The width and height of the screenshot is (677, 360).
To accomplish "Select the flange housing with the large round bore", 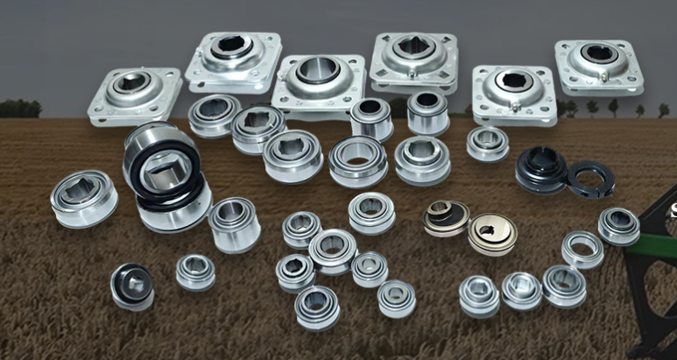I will click(x=316, y=82).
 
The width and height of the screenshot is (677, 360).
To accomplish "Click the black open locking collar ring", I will click(x=589, y=180).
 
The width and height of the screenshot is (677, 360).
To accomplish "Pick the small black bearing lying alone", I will click(x=132, y=286).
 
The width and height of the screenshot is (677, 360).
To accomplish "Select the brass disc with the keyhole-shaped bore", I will click(x=491, y=234).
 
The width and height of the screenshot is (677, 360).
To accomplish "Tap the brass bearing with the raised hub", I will click(x=447, y=217).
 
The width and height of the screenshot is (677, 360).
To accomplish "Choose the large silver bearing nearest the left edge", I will click(x=84, y=198).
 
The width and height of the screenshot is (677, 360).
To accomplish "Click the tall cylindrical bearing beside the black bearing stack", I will click(x=234, y=223).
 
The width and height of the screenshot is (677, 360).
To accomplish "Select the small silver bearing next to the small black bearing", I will click(x=195, y=272).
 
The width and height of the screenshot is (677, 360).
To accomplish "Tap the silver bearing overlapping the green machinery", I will click(x=618, y=226).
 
